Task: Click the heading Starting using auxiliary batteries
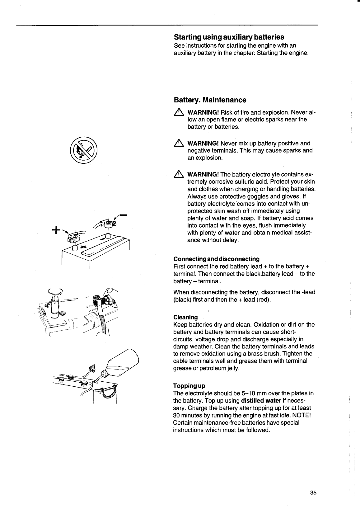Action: (x=229, y=37)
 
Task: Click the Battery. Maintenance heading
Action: (x=210, y=100)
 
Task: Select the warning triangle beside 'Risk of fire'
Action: (x=179, y=112)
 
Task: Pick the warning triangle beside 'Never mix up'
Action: (x=179, y=144)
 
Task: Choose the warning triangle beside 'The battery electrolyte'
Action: (x=179, y=174)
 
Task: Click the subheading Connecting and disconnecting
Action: (x=216, y=259)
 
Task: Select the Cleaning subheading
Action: (x=185, y=317)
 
